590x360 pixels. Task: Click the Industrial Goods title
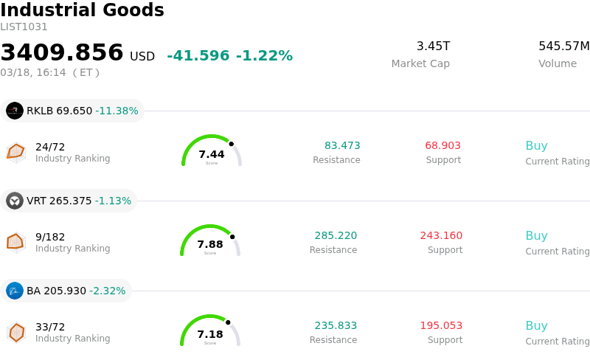82,10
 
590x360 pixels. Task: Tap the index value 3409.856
62,53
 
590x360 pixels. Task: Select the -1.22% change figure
264,56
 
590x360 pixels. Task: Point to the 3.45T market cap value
433,46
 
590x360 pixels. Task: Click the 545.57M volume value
563,46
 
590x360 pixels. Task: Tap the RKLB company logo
15,111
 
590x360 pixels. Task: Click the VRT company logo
15,201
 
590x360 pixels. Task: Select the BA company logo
15,291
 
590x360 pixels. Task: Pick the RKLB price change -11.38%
117,111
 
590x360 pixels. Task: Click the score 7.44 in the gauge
212,154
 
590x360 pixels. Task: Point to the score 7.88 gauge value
210,244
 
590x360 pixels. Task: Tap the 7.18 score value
210,334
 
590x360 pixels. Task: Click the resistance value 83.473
342,146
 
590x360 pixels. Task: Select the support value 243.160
441,236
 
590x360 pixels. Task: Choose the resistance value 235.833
336,326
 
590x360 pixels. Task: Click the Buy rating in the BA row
536,326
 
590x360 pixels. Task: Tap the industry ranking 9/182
50,237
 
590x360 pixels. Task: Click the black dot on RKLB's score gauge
231,144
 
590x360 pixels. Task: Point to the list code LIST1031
24,27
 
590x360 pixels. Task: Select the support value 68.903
442,146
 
